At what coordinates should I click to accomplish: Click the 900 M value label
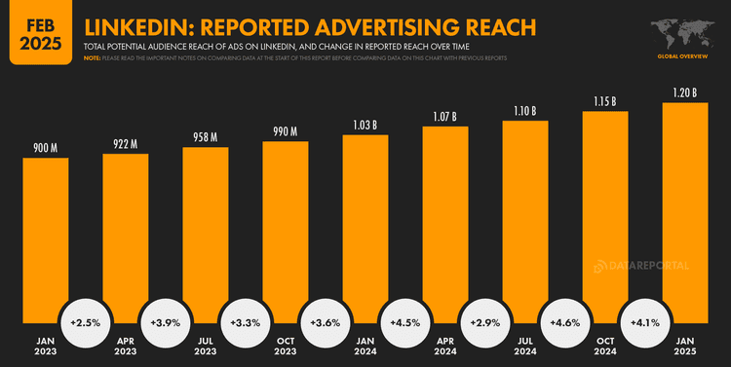(46, 148)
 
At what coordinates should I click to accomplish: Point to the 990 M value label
(286, 131)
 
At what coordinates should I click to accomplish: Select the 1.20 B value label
(685, 92)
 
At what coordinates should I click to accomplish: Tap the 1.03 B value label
(365, 125)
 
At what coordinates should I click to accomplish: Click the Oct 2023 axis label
(286, 347)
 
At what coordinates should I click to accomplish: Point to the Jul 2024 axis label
(525, 347)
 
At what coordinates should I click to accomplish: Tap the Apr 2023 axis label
(126, 347)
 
